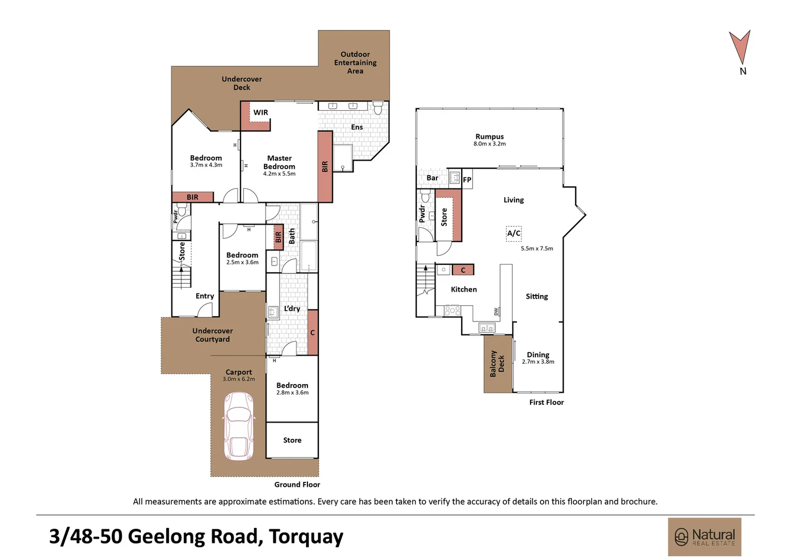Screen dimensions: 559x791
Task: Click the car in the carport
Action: tap(239, 426)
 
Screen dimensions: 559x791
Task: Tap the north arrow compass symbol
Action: tap(740, 48)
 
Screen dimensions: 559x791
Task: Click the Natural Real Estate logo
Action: tap(705, 537)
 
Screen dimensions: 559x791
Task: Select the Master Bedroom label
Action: tap(279, 163)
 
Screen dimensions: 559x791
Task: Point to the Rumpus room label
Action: tap(489, 137)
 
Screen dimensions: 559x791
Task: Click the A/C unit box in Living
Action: tap(514, 233)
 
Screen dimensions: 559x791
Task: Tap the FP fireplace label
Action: tap(467, 180)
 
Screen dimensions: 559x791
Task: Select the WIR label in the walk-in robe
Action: tap(260, 112)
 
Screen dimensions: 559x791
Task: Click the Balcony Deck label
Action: tap(497, 363)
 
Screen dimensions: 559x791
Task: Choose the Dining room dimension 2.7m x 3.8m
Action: tap(538, 362)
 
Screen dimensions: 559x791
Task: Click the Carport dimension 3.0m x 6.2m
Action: tap(239, 379)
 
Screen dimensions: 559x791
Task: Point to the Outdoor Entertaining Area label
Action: tap(355, 63)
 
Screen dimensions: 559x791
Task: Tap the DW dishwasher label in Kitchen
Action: tap(496, 312)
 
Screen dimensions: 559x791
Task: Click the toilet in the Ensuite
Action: tap(378, 108)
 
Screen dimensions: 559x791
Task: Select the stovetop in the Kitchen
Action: tap(452, 311)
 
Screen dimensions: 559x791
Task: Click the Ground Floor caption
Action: tap(297, 484)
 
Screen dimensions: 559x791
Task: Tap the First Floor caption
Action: tap(546, 402)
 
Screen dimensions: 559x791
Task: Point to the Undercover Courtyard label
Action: tap(212, 335)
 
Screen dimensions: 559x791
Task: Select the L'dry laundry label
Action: tap(292, 308)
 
